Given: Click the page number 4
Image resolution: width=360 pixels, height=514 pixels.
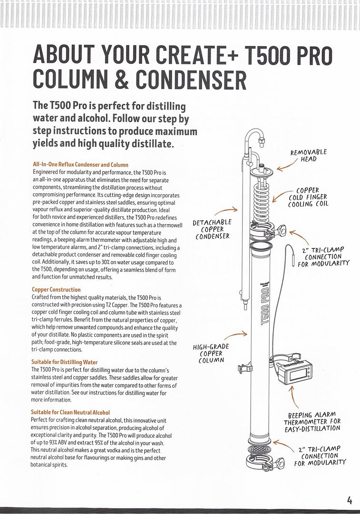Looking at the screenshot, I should point(350,500).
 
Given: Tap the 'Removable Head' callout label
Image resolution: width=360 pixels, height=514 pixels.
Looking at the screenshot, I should point(309,156).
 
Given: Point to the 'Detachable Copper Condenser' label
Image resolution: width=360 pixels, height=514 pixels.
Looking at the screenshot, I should point(212,229).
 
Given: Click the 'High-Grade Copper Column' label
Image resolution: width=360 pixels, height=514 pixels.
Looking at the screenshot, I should point(211,354).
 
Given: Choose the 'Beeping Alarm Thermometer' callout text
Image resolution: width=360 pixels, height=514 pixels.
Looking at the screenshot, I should point(312,421).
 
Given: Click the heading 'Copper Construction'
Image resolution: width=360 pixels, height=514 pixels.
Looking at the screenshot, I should point(56,289).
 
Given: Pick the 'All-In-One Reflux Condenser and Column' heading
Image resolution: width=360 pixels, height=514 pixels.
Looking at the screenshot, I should point(74,165).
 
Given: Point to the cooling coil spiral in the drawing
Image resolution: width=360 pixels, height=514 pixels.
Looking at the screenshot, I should point(261,200).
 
